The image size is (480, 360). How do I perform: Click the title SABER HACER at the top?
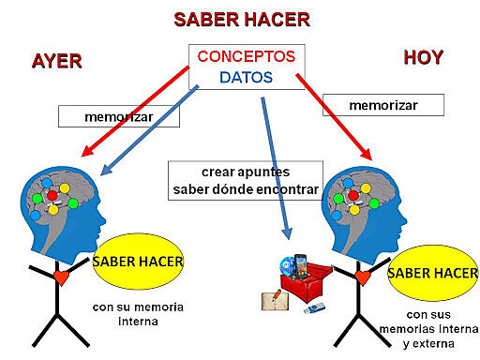241,19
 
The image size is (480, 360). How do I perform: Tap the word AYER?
56,62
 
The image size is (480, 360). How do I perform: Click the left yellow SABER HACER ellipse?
137,260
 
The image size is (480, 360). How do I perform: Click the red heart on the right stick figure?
359,278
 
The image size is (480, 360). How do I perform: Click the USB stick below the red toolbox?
314,307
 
